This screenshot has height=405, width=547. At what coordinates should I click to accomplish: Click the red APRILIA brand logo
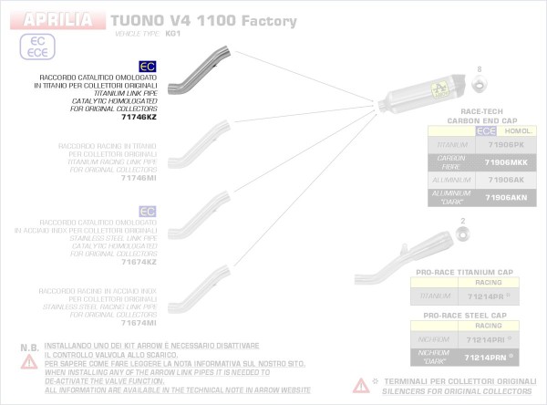click(x=57, y=18)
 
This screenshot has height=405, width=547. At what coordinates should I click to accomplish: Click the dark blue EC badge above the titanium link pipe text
click(x=147, y=66)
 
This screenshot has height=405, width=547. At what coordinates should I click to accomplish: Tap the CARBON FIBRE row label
click(x=452, y=162)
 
